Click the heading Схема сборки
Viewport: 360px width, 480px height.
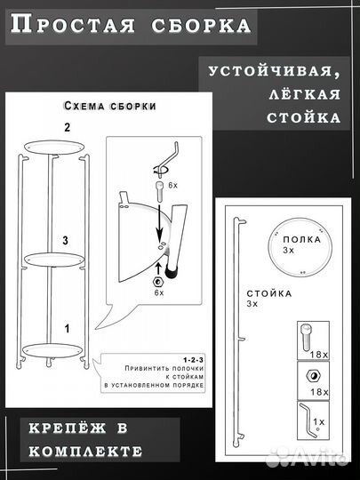111,106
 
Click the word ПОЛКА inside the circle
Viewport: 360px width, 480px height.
296,241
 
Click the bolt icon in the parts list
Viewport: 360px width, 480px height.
303,339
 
